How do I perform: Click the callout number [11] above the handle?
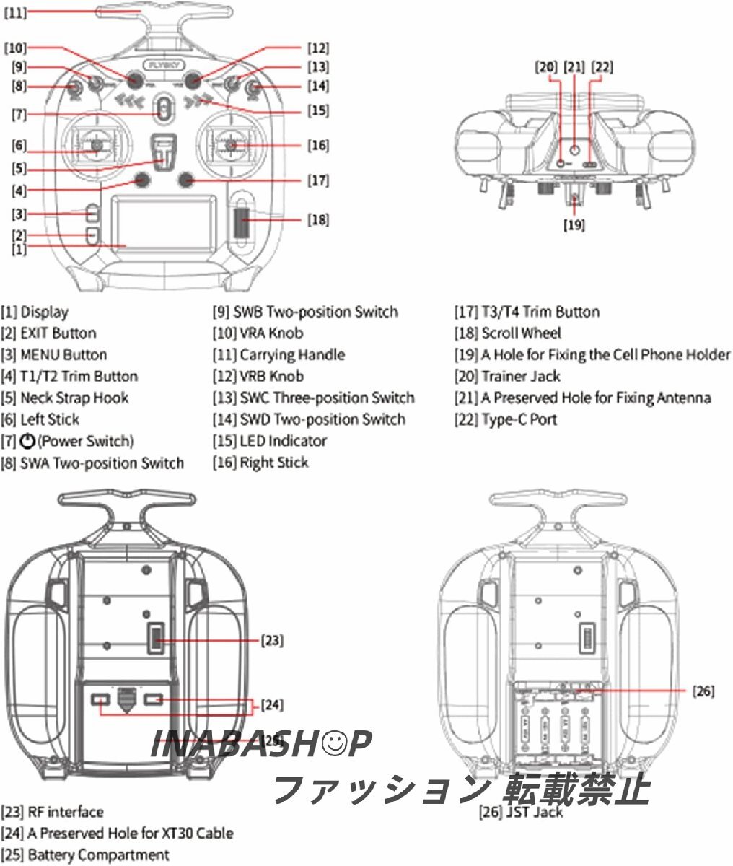click(x=16, y=13)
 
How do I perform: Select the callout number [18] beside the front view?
click(x=317, y=219)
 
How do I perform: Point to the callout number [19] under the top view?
click(x=574, y=225)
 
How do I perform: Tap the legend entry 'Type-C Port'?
click(x=519, y=419)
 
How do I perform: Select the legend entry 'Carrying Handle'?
click(x=292, y=355)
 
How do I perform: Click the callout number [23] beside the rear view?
click(x=272, y=640)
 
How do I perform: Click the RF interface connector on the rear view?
click(x=155, y=639)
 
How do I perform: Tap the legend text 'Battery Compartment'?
click(x=98, y=855)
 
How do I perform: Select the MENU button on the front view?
click(x=92, y=214)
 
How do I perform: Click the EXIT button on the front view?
click(x=92, y=235)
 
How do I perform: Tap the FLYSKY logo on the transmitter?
click(x=163, y=64)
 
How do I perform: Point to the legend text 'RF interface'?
click(x=65, y=813)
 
